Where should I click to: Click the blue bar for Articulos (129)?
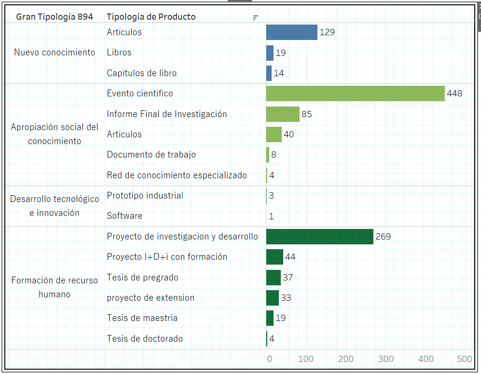[291, 32]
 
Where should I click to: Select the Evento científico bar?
[355, 93]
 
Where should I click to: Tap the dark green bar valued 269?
[319, 237]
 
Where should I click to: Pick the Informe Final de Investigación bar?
[283, 114]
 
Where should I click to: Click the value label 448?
[454, 93]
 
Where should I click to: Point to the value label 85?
[307, 114]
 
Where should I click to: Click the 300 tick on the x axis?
[385, 359]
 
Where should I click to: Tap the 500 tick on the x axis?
[465, 359]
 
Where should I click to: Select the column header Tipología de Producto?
[151, 17]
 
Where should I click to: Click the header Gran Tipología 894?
[55, 17]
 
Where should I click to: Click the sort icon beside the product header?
[256, 18]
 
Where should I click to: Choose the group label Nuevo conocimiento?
[55, 53]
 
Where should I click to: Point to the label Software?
[124, 216]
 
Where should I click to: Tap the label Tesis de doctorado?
[145, 339]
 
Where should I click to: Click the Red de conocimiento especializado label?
[177, 175]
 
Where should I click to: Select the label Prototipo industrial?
[145, 196]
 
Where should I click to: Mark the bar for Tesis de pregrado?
[274, 278]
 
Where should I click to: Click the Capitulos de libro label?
[142, 73]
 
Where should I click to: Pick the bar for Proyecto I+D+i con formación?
[275, 257]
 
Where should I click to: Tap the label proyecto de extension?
[151, 298]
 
